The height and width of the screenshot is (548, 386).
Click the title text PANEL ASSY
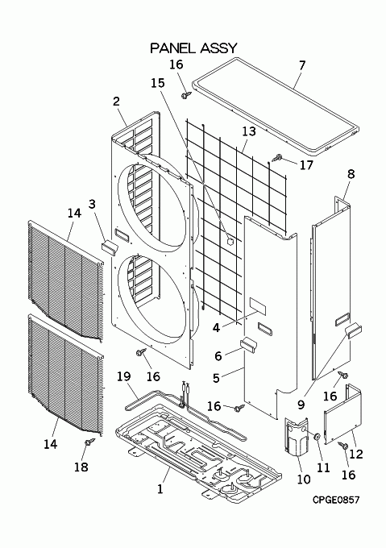[x=193, y=48]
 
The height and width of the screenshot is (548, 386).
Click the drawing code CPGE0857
[x=336, y=500]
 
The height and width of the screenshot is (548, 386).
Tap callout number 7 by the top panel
[x=302, y=65]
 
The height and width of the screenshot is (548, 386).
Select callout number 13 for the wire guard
[x=249, y=131]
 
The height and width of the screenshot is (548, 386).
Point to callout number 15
[x=158, y=83]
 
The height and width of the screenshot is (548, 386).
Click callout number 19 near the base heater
[x=123, y=376]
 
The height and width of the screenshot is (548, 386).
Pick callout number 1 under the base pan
[x=160, y=489]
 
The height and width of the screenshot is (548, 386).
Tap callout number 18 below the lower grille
[x=81, y=467]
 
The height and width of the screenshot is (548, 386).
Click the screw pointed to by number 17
[x=278, y=158]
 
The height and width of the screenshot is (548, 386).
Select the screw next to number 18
[x=89, y=442]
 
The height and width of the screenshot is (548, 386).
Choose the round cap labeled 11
[x=318, y=437]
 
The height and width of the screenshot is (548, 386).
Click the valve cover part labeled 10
[x=297, y=437]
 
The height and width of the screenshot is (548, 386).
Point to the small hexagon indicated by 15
[x=230, y=240]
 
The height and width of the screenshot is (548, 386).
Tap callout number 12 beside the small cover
[x=356, y=454]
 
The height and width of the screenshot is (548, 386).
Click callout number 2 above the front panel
[x=116, y=102]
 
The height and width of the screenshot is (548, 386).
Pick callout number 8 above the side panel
[x=351, y=174]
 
